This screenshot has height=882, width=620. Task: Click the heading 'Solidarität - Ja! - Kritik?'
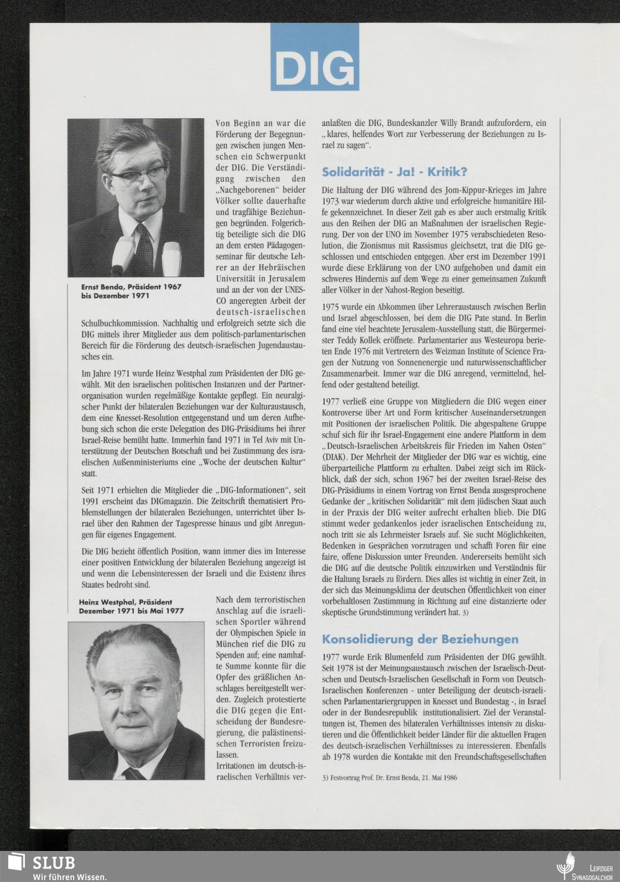coord(394,172)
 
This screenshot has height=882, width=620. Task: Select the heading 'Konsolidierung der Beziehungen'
coord(420,638)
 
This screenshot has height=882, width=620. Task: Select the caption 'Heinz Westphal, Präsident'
coord(125,601)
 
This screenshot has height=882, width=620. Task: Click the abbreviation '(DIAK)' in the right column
coord(336,457)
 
